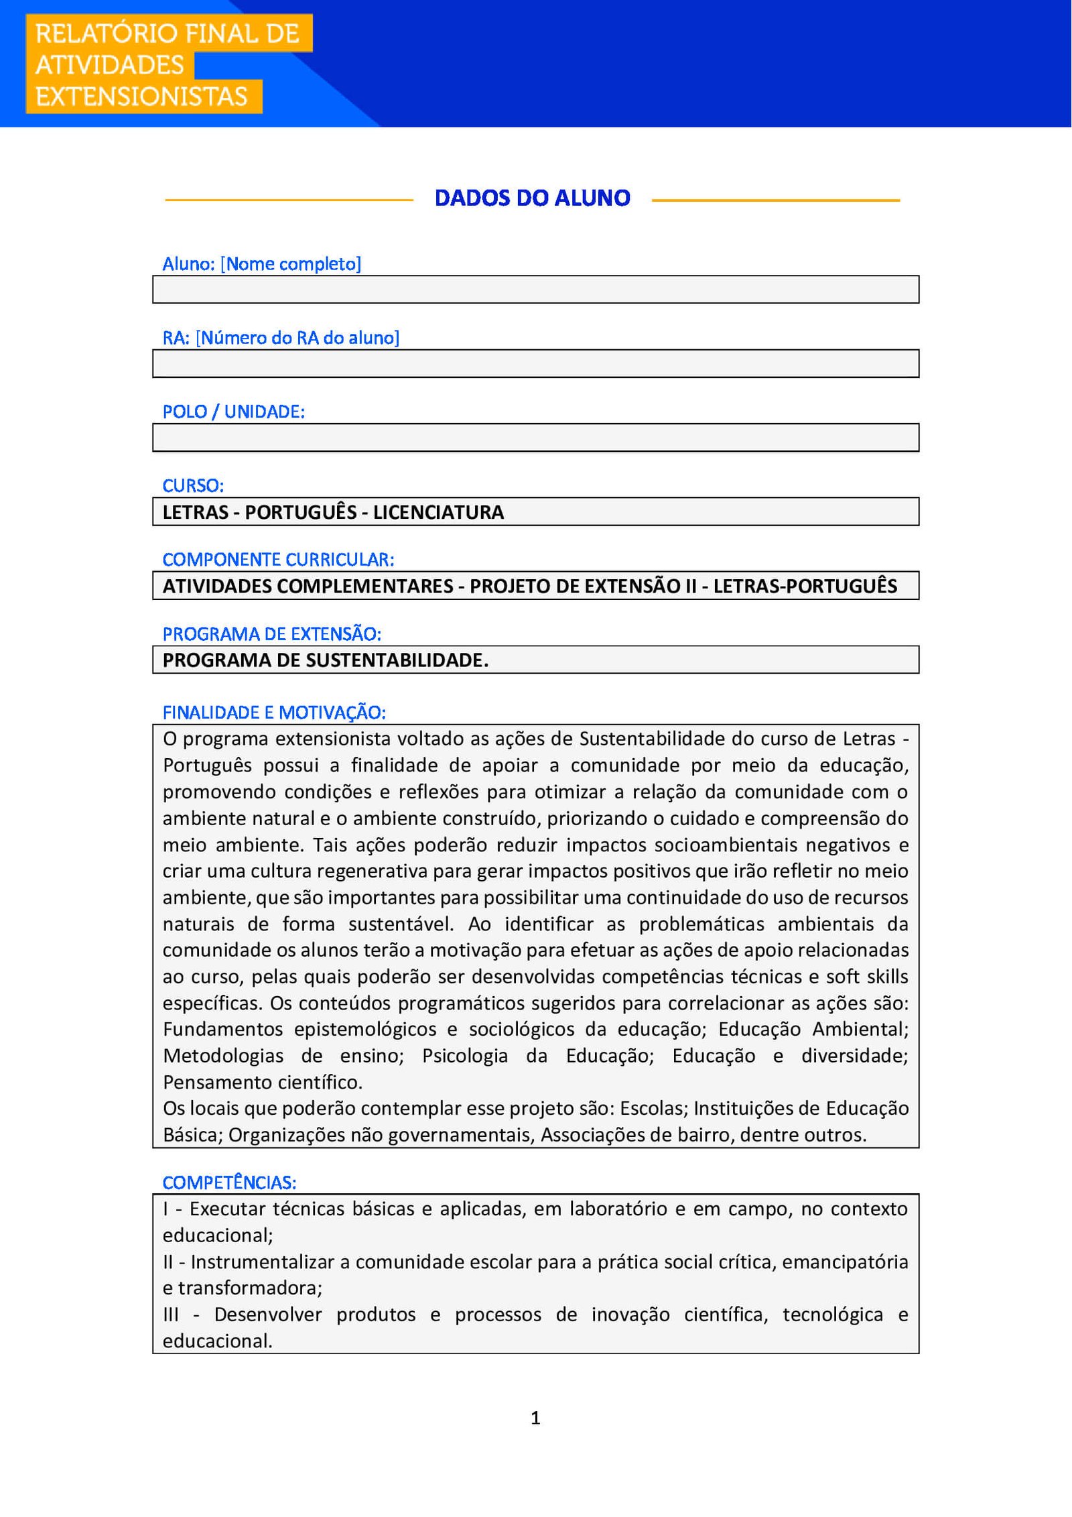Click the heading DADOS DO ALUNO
point(532,198)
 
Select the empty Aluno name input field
point(535,290)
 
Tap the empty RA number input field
point(535,364)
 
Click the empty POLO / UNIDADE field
point(535,438)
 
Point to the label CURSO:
point(193,485)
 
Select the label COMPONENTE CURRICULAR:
point(278,559)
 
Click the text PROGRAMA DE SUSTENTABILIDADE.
point(326,660)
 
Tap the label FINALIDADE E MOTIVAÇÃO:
point(274,713)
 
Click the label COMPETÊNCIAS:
point(229,1182)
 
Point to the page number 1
point(535,1417)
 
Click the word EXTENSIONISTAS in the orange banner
point(141,97)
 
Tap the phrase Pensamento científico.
point(263,1083)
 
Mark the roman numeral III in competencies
point(171,1315)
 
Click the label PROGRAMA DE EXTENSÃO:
point(271,633)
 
